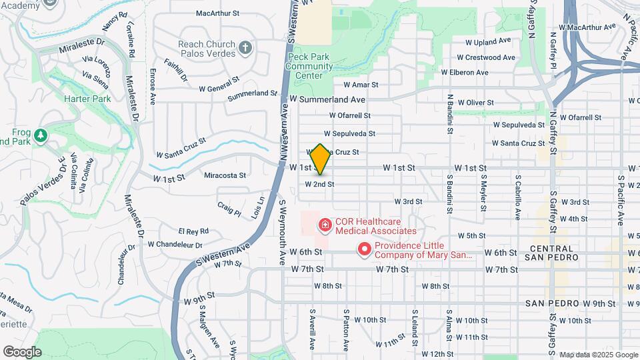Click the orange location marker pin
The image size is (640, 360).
click(x=320, y=159)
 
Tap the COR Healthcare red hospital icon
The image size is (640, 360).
click(x=325, y=226)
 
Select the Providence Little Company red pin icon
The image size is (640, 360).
click(x=365, y=249)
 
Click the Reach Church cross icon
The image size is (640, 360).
click(x=246, y=48)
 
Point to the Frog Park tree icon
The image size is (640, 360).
click(x=41, y=136)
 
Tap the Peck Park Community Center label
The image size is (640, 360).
click(x=309, y=67)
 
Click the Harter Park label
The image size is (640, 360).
click(x=87, y=99)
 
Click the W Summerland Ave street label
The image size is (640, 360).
click(x=332, y=99)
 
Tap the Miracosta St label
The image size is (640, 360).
click(x=225, y=175)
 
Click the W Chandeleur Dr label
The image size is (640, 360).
click(x=175, y=244)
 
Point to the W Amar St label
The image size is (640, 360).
click(x=361, y=85)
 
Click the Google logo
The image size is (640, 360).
click(x=22, y=352)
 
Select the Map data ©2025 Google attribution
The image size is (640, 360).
click(x=597, y=355)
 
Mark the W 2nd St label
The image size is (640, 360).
click(x=319, y=184)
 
